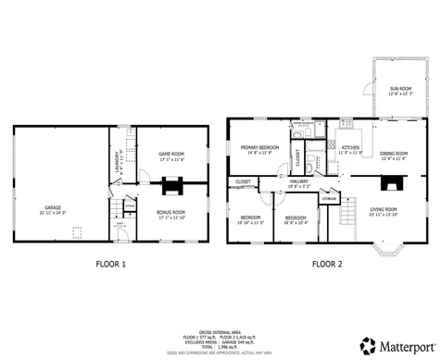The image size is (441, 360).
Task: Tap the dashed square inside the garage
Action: point(78,232)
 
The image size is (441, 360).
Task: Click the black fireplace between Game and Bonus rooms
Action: point(171,187)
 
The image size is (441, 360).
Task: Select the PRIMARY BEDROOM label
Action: point(260,148)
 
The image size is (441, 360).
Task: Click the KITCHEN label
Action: point(350,147)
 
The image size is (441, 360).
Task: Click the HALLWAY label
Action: point(299,182)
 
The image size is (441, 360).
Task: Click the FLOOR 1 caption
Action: point(111,264)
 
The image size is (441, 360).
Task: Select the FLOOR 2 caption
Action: point(326,264)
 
